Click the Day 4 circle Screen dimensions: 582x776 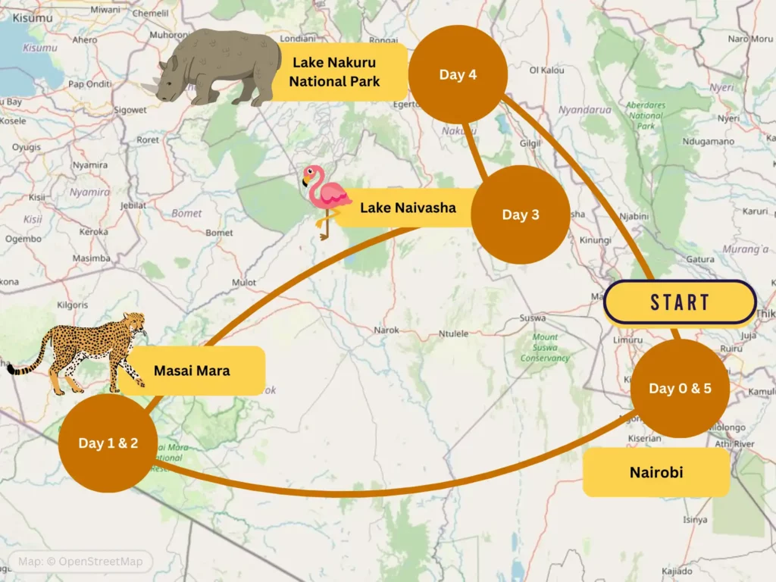pyautogui.click(x=458, y=74)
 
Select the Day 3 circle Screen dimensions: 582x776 pyautogui.click(x=520, y=214)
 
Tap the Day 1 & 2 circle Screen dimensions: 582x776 pyautogui.click(x=108, y=443)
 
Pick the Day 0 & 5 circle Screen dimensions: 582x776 pyautogui.click(x=680, y=388)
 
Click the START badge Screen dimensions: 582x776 pyautogui.click(x=680, y=302)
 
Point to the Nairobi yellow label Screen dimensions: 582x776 pyautogui.click(x=656, y=472)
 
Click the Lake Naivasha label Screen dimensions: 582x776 pyautogui.click(x=408, y=207)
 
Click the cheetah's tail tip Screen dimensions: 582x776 pyautogui.click(x=11, y=370)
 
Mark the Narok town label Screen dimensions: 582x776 pyautogui.click(x=386, y=330)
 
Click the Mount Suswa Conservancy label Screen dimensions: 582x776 pyautogui.click(x=545, y=347)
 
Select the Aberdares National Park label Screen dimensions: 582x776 pyautogui.click(x=646, y=115)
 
